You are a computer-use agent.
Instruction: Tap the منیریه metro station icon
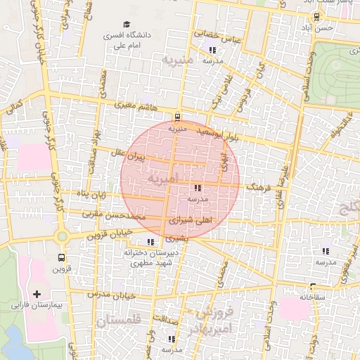pyautogui.click(x=176, y=117)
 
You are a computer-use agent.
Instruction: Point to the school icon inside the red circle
pyautogui.click(x=197, y=188)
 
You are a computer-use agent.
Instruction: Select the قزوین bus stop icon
pyautogui.click(x=61, y=257)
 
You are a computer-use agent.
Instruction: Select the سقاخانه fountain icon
pyautogui.click(x=312, y=286)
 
